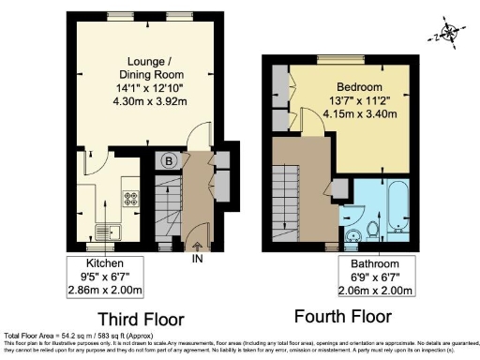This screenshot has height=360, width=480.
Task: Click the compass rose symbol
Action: tap(449, 35)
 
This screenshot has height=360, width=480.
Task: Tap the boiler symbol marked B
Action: tap(170, 159)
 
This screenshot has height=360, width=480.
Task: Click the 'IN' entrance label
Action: tap(196, 259)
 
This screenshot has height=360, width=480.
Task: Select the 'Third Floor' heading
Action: tap(140, 318)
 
